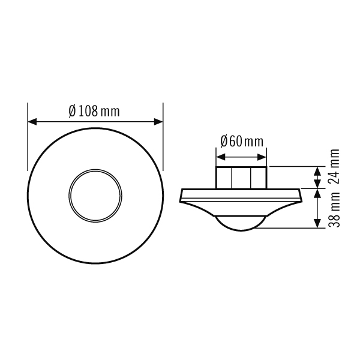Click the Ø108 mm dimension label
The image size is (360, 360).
(94, 112)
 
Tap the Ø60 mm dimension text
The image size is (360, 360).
(242, 142)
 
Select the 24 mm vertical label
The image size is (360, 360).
(334, 167)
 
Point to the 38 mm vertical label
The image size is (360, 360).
(334, 210)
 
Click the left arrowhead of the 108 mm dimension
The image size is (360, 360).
(32, 122)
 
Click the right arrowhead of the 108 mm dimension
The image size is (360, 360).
(158, 122)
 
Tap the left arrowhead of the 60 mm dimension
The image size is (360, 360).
(221, 157)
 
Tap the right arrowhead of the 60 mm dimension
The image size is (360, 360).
(262, 157)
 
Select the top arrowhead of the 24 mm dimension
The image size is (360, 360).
(317, 171)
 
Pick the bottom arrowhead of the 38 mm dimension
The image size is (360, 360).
(317, 223)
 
